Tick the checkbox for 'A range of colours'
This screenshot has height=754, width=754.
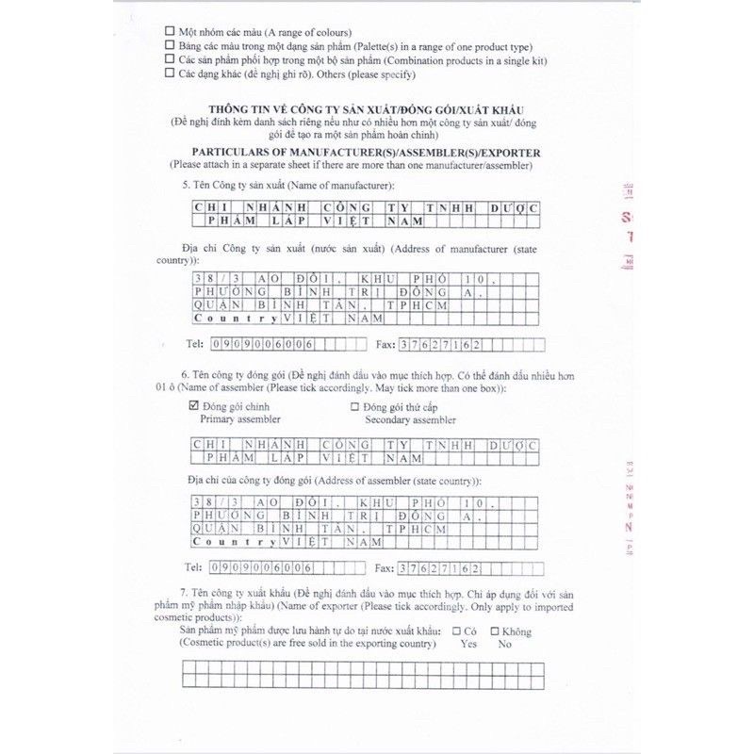pyautogui.click(x=169, y=31)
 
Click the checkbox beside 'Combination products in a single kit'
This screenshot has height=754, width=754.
pyautogui.click(x=169, y=58)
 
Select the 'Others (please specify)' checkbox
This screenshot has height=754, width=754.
pyautogui.click(x=169, y=73)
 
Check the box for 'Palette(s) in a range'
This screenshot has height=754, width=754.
pyautogui.click(x=169, y=45)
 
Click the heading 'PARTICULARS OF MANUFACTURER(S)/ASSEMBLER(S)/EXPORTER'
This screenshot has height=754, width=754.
pyautogui.click(x=366, y=152)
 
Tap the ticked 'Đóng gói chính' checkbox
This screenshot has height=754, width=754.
pyautogui.click(x=195, y=406)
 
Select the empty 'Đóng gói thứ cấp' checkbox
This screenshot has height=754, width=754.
pyautogui.click(x=355, y=406)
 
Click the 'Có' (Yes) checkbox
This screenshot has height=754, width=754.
pyautogui.click(x=456, y=631)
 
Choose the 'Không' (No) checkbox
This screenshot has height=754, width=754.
pyautogui.click(x=494, y=631)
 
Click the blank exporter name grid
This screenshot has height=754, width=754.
pyautogui.click(x=364, y=675)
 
